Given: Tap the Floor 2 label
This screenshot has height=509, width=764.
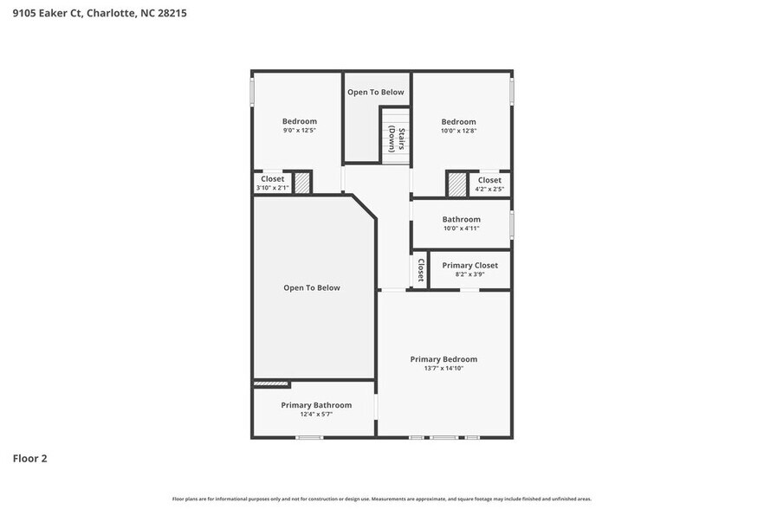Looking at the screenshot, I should (29, 459).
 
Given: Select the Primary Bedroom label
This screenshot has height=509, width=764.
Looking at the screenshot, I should (444, 359).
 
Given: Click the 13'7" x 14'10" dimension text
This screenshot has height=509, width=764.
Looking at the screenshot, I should (444, 369).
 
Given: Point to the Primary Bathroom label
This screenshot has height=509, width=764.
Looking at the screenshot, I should (316, 405).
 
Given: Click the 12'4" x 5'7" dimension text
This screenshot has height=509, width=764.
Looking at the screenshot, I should (316, 415).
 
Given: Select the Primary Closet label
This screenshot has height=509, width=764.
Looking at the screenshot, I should (469, 266).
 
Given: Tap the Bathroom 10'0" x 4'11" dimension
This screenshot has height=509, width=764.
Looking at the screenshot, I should (461, 229).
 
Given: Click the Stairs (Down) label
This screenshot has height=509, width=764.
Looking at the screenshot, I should (397, 139).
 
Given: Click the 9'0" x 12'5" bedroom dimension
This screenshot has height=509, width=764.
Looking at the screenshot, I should (299, 131).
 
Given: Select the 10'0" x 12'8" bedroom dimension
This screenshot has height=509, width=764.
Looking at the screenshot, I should (458, 131).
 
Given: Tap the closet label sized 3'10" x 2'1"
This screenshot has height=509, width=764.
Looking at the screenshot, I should (272, 188).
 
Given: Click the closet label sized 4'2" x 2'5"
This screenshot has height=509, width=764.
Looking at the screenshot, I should (489, 189).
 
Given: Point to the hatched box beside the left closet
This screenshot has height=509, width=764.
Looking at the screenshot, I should (301, 184).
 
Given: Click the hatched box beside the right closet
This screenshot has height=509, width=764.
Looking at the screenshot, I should (456, 184).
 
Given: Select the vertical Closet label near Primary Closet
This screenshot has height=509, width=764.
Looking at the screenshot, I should (420, 270).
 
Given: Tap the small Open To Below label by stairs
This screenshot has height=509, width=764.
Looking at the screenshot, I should (376, 92).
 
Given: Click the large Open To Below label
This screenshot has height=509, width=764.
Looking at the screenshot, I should (312, 288).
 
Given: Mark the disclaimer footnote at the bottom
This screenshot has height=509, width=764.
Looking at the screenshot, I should (382, 499).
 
